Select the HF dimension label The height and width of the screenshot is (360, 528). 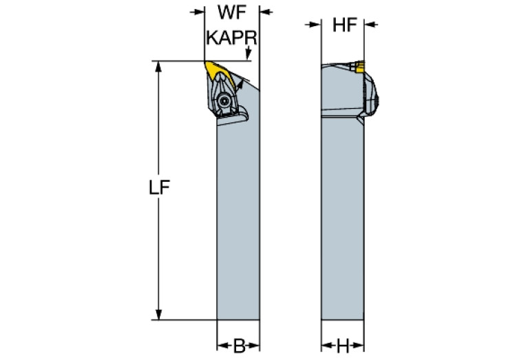(343, 25)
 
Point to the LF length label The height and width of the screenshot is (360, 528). (159, 187)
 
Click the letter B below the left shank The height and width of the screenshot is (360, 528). (238, 346)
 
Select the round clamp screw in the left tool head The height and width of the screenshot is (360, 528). (224, 100)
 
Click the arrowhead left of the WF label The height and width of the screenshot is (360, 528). (200, 12)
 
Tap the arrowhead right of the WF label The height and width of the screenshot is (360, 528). (264, 12)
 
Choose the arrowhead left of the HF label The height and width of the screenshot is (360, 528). (317, 25)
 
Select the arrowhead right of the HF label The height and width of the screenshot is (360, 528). (369, 25)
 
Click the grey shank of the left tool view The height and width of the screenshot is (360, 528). (238, 220)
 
